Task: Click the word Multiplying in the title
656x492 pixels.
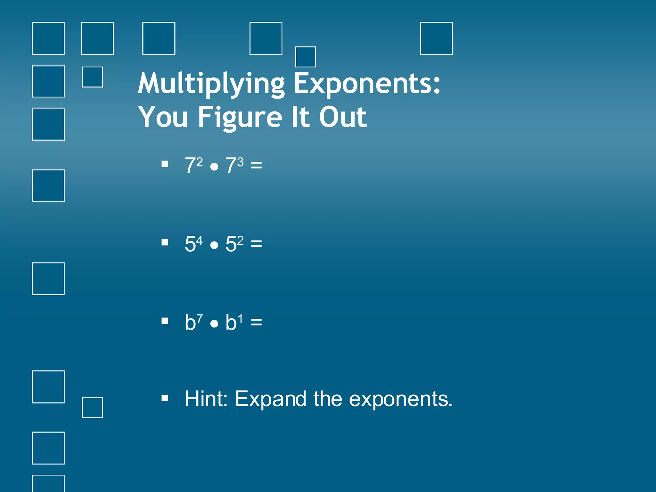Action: (x=211, y=84)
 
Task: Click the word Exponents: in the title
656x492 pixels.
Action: (x=367, y=84)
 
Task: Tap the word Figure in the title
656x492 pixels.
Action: (x=240, y=117)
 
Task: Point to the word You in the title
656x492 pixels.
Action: (x=163, y=117)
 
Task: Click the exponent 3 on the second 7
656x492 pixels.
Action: (x=240, y=162)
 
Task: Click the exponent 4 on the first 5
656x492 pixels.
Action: (x=199, y=240)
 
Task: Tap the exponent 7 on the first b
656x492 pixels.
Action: (x=199, y=319)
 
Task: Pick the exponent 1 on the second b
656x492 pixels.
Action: (x=240, y=319)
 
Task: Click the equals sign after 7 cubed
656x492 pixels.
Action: (x=256, y=165)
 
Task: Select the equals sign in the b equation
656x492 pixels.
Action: (x=256, y=322)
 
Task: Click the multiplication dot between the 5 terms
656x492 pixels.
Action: (x=214, y=245)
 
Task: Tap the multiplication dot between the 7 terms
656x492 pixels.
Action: (x=214, y=167)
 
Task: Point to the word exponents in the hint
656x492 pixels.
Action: (x=400, y=399)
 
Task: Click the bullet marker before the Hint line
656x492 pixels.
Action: (x=165, y=398)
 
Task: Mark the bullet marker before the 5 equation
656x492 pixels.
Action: (x=165, y=242)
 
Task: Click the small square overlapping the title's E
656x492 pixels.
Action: (x=305, y=57)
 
